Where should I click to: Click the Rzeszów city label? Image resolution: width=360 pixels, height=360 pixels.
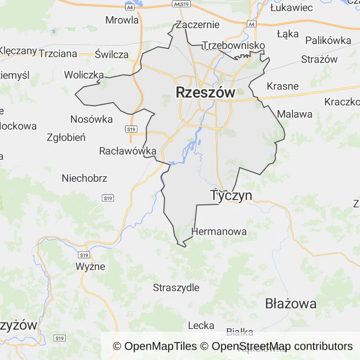point(205,93)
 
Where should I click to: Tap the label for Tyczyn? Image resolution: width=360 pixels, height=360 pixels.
point(231,195)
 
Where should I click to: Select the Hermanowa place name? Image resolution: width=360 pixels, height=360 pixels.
point(219,232)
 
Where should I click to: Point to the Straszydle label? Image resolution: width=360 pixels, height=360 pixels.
point(176,288)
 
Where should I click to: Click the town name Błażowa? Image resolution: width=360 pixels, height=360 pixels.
point(291,304)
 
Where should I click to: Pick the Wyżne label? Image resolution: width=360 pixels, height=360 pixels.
point(90,267)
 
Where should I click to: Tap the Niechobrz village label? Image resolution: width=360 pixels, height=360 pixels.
point(84,178)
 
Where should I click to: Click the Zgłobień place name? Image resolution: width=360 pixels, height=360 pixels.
point(66,137)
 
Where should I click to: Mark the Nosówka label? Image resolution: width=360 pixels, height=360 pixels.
point(91,119)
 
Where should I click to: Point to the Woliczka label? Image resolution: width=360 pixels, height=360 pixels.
point(84,75)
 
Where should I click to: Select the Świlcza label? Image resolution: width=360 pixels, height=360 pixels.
point(112,54)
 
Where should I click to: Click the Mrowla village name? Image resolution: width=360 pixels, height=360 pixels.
point(122,20)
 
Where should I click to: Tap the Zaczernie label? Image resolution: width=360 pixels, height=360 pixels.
point(197,25)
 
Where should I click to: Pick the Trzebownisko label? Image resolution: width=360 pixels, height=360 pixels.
point(233,45)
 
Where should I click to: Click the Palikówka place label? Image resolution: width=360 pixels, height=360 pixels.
point(328,40)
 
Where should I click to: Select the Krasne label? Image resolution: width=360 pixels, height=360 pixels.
point(283,86)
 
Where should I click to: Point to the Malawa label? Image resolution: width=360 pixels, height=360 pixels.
point(295,114)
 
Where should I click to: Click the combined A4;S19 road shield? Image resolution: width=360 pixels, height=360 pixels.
point(181,4)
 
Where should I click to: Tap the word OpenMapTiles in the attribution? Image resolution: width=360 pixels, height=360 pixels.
point(160,346)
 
